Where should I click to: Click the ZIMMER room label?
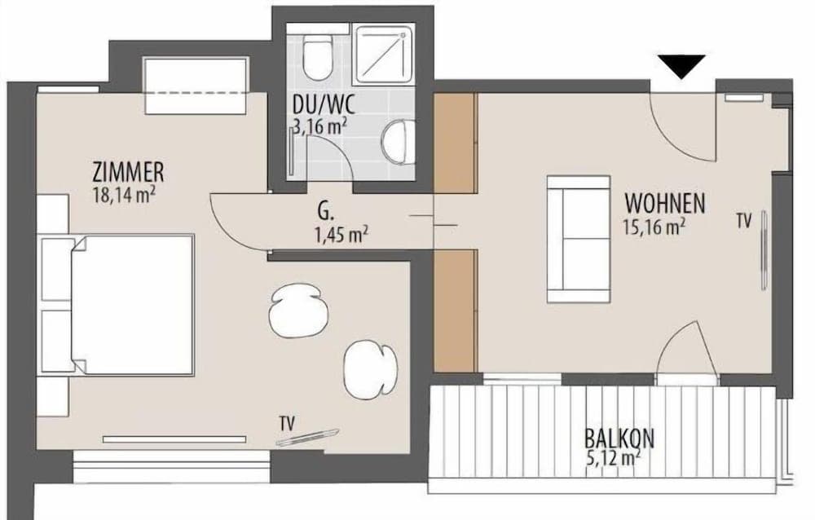tap(128, 172)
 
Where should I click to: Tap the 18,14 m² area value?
tap(125, 195)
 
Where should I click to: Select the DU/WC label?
tap(324, 105)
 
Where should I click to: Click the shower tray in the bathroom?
tap(384, 55)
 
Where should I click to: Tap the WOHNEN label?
tap(665, 203)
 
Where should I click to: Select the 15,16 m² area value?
tap(654, 227)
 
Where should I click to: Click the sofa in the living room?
tap(579, 239)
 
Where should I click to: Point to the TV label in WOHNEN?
tap(744, 221)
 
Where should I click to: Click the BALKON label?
tap(619, 438)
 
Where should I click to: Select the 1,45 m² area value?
tap(341, 235)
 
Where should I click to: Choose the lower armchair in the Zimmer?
tap(371, 369)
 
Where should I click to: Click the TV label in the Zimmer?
tap(287, 423)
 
